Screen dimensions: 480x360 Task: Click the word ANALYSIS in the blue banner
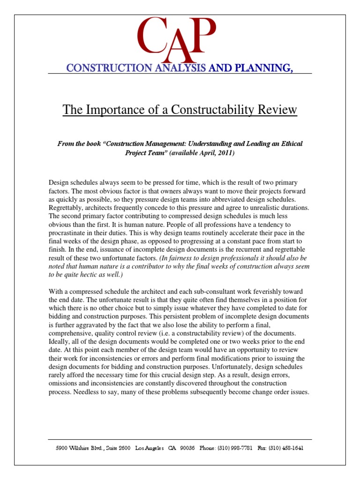[x=179, y=68]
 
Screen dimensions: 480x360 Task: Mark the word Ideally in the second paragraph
[x=60, y=341]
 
